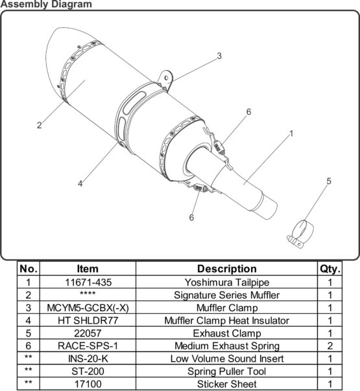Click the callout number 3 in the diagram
point(219,56)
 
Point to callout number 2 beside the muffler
point(39,125)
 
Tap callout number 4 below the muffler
point(80,184)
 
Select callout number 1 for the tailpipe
point(291,134)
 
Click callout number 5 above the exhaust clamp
point(329,181)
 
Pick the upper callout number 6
point(248,112)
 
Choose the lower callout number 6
point(191,217)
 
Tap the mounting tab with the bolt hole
point(166,79)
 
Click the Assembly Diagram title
point(46,5)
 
